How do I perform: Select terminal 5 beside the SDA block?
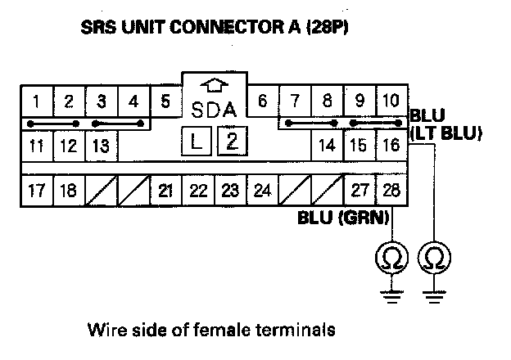click(x=165, y=102)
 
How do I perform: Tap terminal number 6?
click(x=262, y=102)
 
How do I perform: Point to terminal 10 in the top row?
click(x=390, y=102)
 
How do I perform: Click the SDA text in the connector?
click(x=213, y=110)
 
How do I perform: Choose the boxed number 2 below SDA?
click(x=232, y=141)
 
